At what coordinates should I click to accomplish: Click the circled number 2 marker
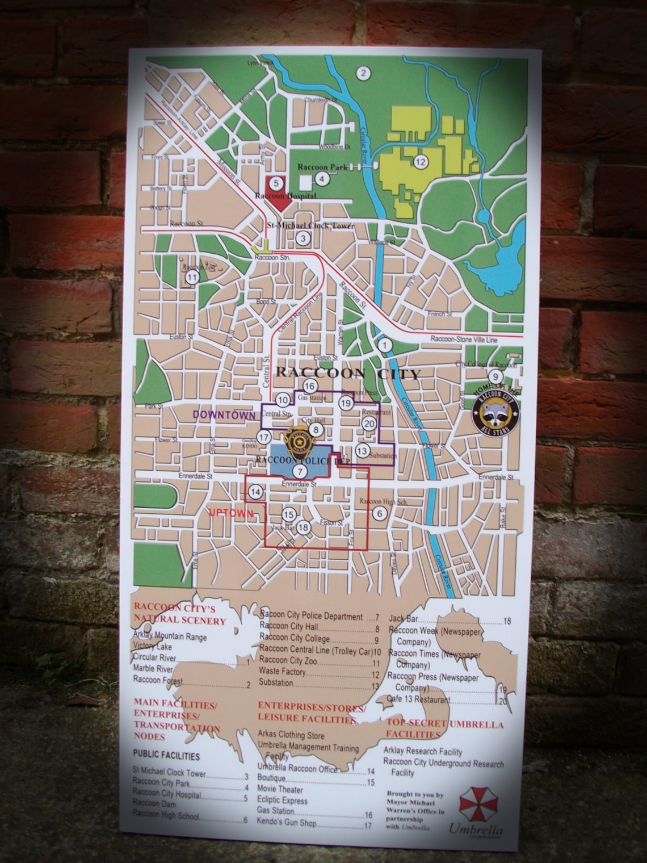pyautogui.click(x=362, y=73)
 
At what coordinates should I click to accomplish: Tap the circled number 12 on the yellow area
pyautogui.click(x=421, y=162)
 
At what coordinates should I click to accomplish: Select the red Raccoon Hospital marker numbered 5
pyautogui.click(x=276, y=183)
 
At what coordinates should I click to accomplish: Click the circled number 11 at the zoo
pyautogui.click(x=192, y=277)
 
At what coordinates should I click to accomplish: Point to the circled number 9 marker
pyautogui.click(x=495, y=376)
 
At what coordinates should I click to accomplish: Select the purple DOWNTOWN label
pyautogui.click(x=224, y=415)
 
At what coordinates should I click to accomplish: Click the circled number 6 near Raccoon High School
pyautogui.click(x=379, y=514)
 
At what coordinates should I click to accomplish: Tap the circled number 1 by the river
pyautogui.click(x=385, y=344)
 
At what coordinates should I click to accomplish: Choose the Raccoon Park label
pyautogui.click(x=322, y=167)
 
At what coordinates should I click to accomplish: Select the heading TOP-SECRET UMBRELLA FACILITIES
pyautogui.click(x=444, y=729)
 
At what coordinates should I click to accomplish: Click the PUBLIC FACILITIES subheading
pyautogui.click(x=166, y=756)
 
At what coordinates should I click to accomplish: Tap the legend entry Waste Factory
pyautogui.click(x=283, y=672)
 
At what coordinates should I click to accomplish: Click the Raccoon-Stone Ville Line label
pyautogui.click(x=464, y=339)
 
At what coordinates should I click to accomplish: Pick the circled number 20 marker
pyautogui.click(x=369, y=423)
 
